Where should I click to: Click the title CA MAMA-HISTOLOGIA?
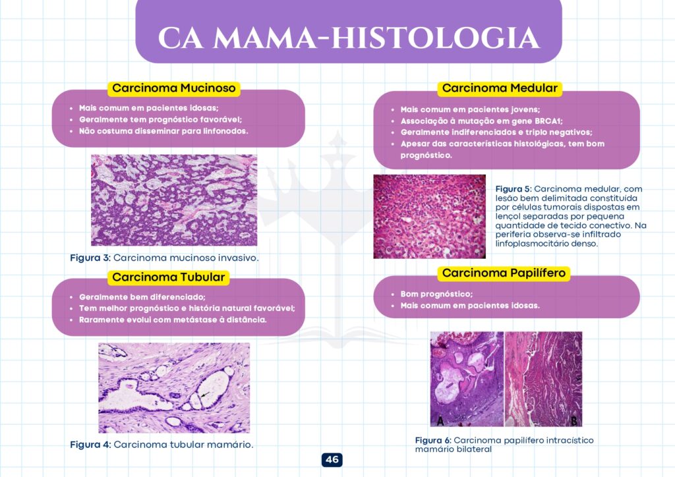tap(349, 38)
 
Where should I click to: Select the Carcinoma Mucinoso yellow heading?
tap(174, 88)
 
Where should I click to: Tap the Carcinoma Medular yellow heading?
tap(500, 88)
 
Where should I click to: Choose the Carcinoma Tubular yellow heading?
tap(168, 277)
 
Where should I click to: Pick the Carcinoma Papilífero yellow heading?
tap(504, 273)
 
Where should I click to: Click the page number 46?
tap(332, 459)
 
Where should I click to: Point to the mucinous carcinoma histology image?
tap(174, 200)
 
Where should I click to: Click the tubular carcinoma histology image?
tap(174, 387)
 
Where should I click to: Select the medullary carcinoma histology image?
tap(429, 216)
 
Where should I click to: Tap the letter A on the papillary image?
tap(440, 420)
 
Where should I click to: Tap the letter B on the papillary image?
tap(574, 420)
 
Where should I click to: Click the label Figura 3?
tap(90, 258)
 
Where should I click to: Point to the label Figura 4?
tap(90, 444)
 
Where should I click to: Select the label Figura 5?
tap(514, 189)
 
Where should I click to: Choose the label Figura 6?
tap(433, 440)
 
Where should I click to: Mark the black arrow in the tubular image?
tap(204, 394)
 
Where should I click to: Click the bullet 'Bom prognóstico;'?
tap(436, 295)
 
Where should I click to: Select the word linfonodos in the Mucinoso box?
tap(227, 131)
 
